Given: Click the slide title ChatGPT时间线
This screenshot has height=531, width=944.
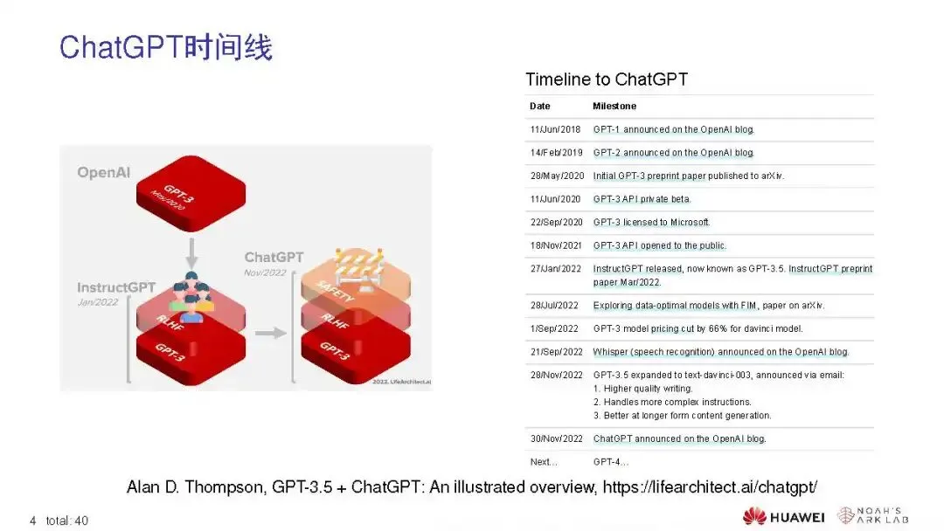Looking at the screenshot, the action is click(165, 47).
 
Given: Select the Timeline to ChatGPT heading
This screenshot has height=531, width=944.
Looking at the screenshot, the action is click(607, 79).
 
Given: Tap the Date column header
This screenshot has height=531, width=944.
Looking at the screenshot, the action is click(539, 106).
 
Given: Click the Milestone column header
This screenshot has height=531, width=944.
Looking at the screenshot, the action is click(614, 106).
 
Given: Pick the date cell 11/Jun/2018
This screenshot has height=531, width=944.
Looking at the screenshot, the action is click(555, 129).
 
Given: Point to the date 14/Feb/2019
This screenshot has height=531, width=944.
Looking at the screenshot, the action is click(556, 153).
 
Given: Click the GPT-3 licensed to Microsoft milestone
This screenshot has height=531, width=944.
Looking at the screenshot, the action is click(651, 222).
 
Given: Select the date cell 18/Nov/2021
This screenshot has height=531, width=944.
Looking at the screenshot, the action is click(556, 245).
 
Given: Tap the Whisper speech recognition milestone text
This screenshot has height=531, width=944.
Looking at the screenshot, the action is click(720, 352).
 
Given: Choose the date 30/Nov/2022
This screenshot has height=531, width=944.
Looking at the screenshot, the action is click(556, 438).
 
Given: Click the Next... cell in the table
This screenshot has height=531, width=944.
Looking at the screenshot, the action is click(544, 462).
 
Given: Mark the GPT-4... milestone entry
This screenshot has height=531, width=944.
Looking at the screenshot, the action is click(610, 462).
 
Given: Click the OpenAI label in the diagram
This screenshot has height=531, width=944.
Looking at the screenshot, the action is click(103, 173).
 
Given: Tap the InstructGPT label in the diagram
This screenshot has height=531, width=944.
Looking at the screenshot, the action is click(116, 287).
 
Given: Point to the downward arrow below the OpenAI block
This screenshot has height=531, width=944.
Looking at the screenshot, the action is click(191, 253).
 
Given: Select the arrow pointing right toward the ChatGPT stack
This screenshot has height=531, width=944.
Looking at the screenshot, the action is click(270, 333).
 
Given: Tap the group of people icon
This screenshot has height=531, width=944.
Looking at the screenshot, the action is click(191, 297).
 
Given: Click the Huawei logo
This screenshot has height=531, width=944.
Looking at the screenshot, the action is click(783, 516).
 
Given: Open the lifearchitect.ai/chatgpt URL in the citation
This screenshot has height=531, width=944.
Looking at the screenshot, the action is click(710, 486).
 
